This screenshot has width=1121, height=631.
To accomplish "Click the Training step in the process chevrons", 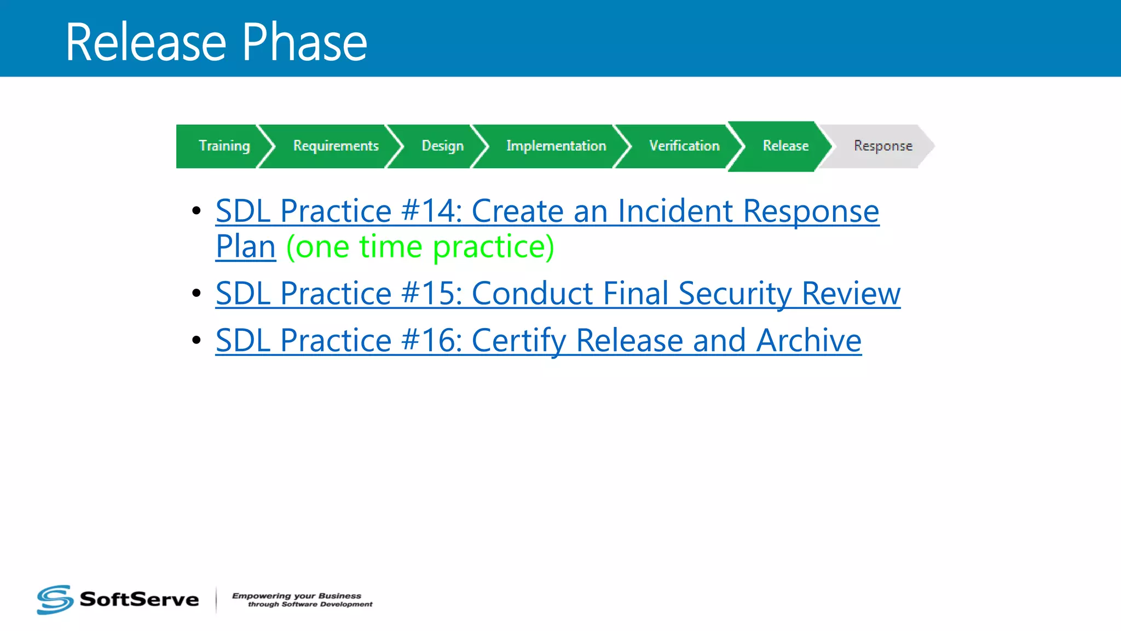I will point(223,146).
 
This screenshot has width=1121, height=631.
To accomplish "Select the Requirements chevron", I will point(336,146).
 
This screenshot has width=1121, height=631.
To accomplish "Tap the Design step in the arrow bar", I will point(442,146).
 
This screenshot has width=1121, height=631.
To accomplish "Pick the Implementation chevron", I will point(556,146).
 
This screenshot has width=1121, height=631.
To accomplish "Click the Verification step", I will point(684,146).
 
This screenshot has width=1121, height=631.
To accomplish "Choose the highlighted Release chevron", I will point(785,146).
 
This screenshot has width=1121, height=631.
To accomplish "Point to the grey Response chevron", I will point(882,146).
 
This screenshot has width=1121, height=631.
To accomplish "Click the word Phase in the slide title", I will point(304,43).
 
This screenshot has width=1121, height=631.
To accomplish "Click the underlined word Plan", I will point(245,247).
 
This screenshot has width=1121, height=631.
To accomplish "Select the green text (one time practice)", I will point(420,247).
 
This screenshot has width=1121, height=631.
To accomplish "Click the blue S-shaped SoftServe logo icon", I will point(55,599).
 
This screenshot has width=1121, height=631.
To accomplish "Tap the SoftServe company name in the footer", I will point(139,599).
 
